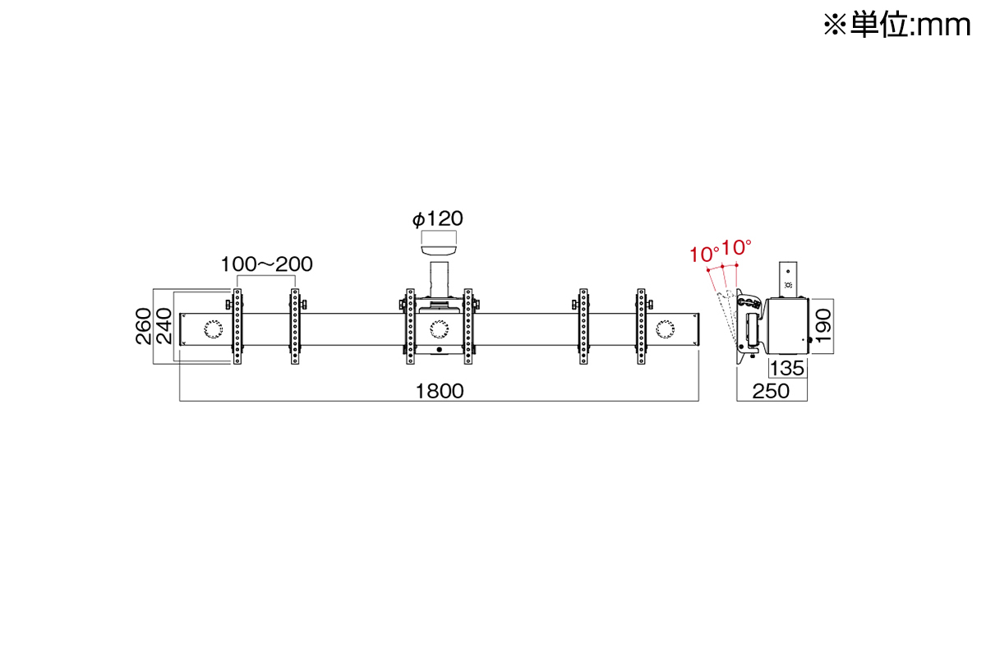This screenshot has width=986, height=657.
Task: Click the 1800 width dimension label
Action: (440, 391)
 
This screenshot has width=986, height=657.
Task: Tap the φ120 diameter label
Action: (437, 218)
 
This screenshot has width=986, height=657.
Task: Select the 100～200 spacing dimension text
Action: (266, 264)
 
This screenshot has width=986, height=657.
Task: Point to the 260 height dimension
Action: (144, 326)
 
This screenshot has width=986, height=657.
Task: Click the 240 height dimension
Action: (164, 326)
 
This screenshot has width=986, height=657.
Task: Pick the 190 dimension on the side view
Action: (823, 326)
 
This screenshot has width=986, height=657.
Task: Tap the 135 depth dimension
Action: (787, 368)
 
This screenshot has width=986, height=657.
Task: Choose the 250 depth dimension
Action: (771, 391)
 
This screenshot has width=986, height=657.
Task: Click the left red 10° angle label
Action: (703, 255)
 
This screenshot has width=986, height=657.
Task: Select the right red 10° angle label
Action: (736, 247)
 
